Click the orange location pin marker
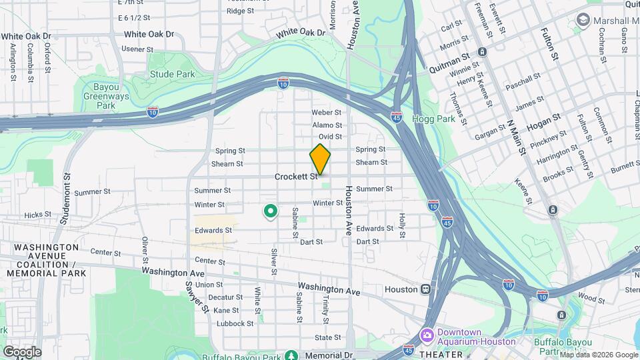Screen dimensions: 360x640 pyautogui.click(x=320, y=159)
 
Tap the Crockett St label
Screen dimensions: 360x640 pyautogui.click(x=295, y=177)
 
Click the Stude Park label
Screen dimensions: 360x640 pyautogui.click(x=172, y=75)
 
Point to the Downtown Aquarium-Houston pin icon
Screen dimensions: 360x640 pyautogui.click(x=426, y=333)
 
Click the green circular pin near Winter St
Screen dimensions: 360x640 pyautogui.click(x=271, y=212)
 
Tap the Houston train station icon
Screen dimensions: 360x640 pyautogui.click(x=425, y=290)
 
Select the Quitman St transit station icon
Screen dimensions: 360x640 pyautogui.click(x=482, y=51)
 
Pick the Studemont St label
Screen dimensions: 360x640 pyautogui.click(x=65, y=190)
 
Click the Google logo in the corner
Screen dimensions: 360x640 pyautogui.click(x=22, y=351)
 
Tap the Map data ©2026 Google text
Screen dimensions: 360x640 pyautogui.click(x=598, y=355)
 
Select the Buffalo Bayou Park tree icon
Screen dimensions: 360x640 pyautogui.click(x=291, y=356)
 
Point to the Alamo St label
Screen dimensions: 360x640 pyautogui.click(x=327, y=125)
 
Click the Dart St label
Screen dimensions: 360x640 pyautogui.click(x=311, y=241)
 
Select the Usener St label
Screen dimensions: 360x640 pyautogui.click(x=137, y=49)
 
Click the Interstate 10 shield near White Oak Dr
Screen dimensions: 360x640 pyautogui.click(x=283, y=83)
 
